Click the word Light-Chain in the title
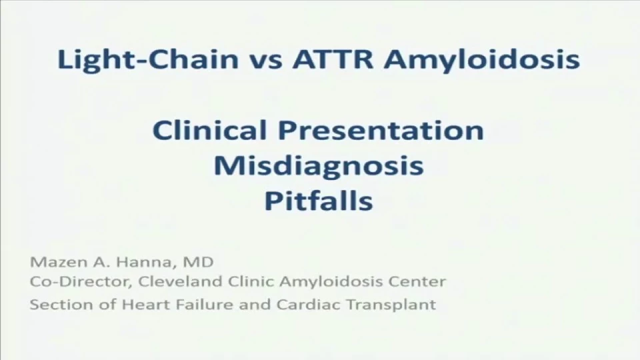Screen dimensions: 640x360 [148, 59]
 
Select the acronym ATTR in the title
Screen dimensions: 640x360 [332, 59]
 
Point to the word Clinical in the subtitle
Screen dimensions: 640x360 [209, 130]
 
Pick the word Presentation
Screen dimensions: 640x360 [381, 130]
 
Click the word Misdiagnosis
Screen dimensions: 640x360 [319, 166]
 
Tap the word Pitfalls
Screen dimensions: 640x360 [319, 201]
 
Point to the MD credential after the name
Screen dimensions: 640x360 [198, 262]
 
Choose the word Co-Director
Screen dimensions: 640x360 [81, 281]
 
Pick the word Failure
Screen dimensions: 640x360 [200, 305]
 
